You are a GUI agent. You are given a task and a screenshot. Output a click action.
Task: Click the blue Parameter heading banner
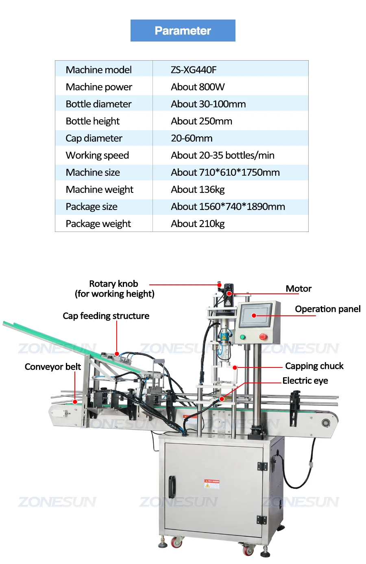pos(183,31)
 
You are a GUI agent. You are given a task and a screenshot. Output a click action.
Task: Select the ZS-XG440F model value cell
pos(194,70)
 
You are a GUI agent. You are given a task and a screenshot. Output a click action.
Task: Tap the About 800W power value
pos(198,87)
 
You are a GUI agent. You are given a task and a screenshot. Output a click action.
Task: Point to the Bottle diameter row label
pos(98,104)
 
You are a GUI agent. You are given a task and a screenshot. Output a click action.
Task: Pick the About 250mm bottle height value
pos(201,121)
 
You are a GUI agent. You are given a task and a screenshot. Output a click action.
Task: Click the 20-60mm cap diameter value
pos(192,138)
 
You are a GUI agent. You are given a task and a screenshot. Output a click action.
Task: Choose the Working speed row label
pos(97,155)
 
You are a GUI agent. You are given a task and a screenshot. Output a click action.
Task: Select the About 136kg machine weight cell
pos(198,190)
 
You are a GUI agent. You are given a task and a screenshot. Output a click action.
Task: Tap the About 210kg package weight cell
pos(198,224)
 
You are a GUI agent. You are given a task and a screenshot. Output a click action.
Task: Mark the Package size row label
pos(91,207)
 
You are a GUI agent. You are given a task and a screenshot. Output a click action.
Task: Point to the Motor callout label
pos(298,289)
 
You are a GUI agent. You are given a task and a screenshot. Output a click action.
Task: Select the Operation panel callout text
pos(327,309)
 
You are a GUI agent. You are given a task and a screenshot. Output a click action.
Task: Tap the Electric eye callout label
pos(305,381)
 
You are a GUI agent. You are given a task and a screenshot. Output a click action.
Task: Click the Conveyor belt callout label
pos(53,367)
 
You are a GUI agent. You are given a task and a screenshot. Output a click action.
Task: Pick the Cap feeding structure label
pos(106,316)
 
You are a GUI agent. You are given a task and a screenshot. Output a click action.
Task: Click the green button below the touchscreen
pos(243,337)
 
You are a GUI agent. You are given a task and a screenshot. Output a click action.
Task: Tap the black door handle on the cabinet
pos(172,487)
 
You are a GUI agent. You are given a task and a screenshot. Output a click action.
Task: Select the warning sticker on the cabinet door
pos(211,484)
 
